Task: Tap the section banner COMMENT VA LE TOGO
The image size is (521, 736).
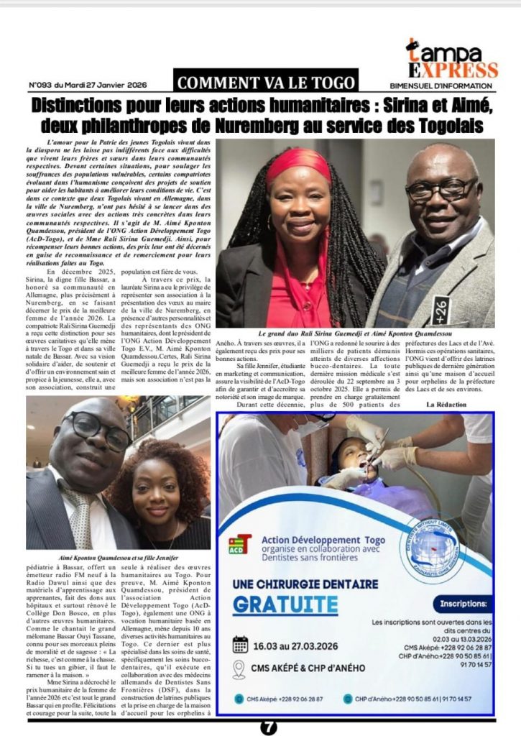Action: (266, 82)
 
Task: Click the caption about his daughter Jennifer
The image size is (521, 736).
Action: (118, 557)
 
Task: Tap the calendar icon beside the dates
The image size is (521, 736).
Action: (240, 644)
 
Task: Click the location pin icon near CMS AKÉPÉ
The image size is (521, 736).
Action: (240, 670)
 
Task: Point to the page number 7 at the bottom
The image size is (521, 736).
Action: (268, 727)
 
